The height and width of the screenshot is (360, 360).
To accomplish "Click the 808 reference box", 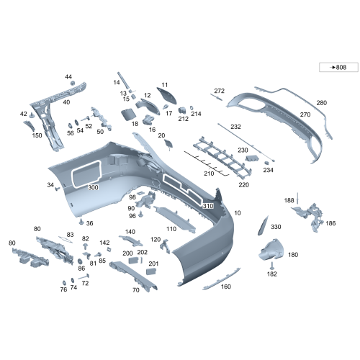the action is click(338, 67).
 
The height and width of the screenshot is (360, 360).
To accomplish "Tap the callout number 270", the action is click(305, 114).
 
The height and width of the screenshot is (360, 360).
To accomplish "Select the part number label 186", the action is click(330, 223).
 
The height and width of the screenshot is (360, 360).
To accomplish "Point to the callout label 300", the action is click(93, 187).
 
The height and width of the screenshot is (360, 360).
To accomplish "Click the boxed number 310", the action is click(208, 206).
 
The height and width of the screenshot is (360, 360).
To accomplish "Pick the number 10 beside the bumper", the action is click(238, 213).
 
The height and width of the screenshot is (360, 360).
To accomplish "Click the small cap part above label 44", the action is click(72, 83).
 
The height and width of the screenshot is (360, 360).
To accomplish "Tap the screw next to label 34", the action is click(58, 189).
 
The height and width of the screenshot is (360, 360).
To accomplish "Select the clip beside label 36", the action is click(81, 222).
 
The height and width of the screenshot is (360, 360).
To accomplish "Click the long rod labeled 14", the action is click(123, 81).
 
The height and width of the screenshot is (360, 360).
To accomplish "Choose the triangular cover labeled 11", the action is click(167, 95).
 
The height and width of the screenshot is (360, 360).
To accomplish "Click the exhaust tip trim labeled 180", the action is click(271, 249).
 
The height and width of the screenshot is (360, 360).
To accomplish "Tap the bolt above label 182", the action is click(272, 266).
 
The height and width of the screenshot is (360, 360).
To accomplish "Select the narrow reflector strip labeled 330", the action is click(263, 225).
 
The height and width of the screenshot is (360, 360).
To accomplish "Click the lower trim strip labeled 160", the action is click(221, 279).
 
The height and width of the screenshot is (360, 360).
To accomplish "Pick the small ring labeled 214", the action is click(192, 108).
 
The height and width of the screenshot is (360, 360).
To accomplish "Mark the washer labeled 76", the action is click(64, 283).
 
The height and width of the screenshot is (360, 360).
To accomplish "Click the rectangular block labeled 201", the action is click(151, 271).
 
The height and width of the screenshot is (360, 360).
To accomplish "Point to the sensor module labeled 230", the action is click(252, 158).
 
